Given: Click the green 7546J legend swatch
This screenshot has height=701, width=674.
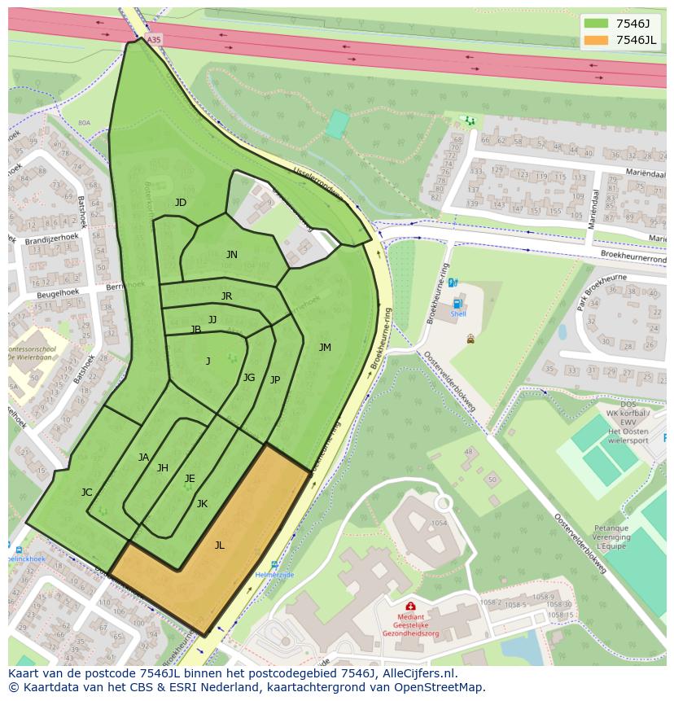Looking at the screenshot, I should pyautogui.click(x=596, y=24).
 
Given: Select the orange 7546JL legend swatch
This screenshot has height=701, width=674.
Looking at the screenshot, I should pyautogui.click(x=596, y=41).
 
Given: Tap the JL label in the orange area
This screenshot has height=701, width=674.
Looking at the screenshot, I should pyautogui.click(x=219, y=545).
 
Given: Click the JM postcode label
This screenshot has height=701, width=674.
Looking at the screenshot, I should pyautogui.click(x=325, y=348).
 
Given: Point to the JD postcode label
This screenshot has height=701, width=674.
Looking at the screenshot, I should pyautogui.click(x=181, y=203).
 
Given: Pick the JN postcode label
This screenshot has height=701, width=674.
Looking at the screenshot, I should pyautogui.click(x=232, y=255).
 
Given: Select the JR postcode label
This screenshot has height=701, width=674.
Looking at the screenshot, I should pyautogui.click(x=226, y=296).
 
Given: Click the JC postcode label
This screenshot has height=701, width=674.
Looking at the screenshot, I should pyautogui.click(x=87, y=493).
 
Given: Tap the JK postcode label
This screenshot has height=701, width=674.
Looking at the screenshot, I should pyautogui.click(x=202, y=504).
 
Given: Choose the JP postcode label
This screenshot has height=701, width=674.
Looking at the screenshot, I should pyautogui.click(x=275, y=380).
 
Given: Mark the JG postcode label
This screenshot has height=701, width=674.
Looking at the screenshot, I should pyautogui.click(x=249, y=378).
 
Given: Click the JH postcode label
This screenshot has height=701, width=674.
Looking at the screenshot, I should pyautogui.click(x=163, y=468).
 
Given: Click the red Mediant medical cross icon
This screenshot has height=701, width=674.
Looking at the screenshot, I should pyautogui.click(x=410, y=607).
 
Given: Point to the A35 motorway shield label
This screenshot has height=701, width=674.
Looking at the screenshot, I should pyautogui.click(x=154, y=38).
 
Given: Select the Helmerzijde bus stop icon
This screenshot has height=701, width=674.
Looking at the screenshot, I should pyautogui.click(x=274, y=564).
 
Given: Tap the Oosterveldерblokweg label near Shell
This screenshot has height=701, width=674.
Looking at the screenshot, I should pyautogui.click(x=447, y=379).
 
